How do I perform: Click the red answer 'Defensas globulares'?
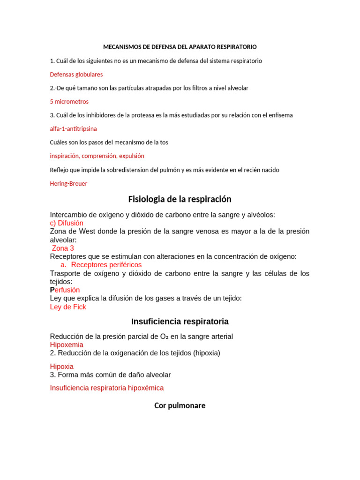pyautogui.click(x=76, y=75)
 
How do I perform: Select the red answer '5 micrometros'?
pyautogui.click(x=69, y=102)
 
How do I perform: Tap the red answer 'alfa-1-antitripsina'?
pyautogui.click(x=73, y=129)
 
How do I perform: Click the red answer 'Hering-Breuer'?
pyautogui.click(x=68, y=184)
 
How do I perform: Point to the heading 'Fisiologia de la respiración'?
pyautogui.click(x=180, y=199)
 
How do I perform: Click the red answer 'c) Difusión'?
pyautogui.click(x=67, y=223)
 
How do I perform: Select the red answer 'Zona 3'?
pyautogui.click(x=63, y=248)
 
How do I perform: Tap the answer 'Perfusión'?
pyautogui.click(x=65, y=290)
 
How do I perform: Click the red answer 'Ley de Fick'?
pyautogui.click(x=68, y=307)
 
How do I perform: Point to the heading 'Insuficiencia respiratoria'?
pyautogui.click(x=180, y=322)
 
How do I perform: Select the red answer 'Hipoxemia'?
pyautogui.click(x=67, y=345)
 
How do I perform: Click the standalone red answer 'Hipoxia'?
pyautogui.click(x=61, y=367)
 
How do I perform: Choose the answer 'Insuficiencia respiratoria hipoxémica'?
pyautogui.click(x=107, y=388)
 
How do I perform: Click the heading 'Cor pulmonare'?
pyautogui.click(x=180, y=406)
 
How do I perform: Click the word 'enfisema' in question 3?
pyautogui.click(x=281, y=115)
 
